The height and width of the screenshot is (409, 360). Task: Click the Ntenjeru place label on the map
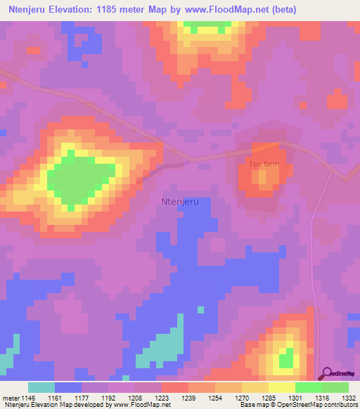[180, 201]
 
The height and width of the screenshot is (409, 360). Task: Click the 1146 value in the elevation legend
[25, 398]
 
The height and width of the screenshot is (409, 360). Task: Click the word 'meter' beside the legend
[8, 398]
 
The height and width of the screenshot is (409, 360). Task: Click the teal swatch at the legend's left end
[41, 387]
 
